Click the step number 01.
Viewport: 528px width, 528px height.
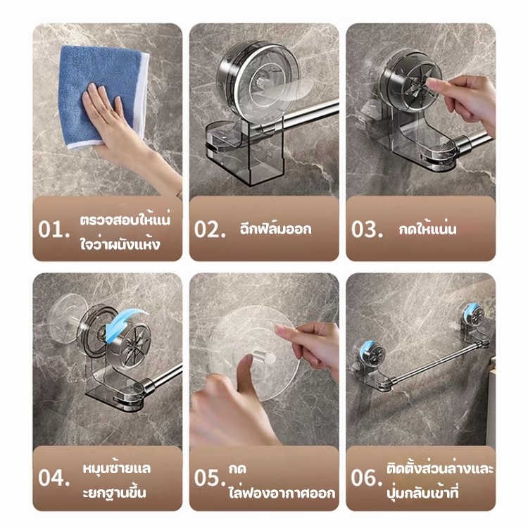tap(54, 230)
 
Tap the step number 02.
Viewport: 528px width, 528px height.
tap(210, 230)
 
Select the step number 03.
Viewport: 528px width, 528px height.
tap(367, 230)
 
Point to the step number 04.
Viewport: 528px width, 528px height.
tap(54, 477)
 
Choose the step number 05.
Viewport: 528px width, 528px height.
tap(210, 477)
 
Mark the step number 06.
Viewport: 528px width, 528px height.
tap(366, 477)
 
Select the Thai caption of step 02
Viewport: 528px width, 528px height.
tap(276, 230)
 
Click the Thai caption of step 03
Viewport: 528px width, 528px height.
tap(427, 230)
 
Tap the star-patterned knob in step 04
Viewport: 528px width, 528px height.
tap(132, 347)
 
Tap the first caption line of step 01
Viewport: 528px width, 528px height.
tap(125, 220)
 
